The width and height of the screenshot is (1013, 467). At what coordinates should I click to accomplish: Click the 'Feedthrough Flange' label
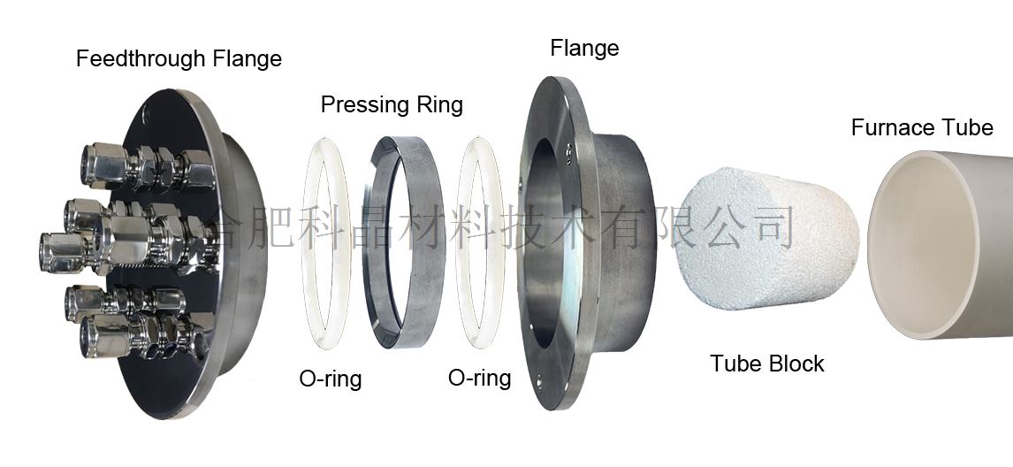179,59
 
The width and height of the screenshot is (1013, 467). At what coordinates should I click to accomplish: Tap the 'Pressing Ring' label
392,105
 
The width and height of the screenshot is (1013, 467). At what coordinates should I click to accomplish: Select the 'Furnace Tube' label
922,127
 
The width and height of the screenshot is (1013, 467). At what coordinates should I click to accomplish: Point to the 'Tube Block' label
767,364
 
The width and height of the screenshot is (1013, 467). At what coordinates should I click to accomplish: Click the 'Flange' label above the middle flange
584,48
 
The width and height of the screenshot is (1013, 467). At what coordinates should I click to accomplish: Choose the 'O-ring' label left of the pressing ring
331,379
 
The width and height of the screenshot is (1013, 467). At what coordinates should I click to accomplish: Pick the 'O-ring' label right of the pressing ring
480,379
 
